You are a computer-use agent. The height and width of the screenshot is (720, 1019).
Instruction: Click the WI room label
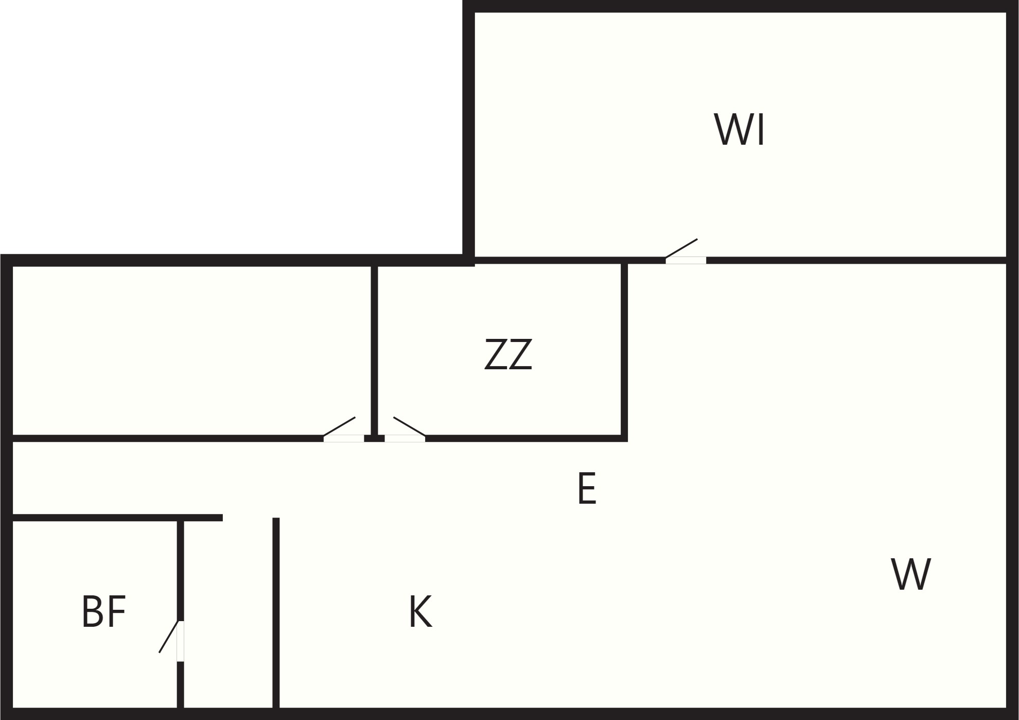(739, 130)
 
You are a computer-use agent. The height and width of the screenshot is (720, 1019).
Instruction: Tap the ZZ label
(508, 354)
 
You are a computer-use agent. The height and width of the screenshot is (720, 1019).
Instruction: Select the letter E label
(587, 488)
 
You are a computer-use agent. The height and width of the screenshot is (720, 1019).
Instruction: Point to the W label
(911, 574)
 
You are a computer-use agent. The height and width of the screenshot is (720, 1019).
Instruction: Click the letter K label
(420, 611)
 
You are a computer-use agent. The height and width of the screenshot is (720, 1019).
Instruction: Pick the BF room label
(104, 611)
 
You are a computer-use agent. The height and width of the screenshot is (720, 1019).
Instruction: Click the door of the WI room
(686, 260)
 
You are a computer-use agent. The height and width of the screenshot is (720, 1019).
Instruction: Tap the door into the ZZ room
(405, 438)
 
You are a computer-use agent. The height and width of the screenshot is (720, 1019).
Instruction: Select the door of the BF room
(180, 641)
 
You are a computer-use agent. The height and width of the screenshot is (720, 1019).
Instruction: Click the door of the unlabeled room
(344, 438)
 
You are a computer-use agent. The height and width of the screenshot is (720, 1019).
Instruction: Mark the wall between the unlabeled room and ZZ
(374, 350)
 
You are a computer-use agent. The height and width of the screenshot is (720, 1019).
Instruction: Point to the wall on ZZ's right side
(624, 350)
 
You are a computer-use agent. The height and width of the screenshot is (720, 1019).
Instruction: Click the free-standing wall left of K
(276, 613)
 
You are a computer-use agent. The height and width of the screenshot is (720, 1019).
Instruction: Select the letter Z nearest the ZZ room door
(496, 354)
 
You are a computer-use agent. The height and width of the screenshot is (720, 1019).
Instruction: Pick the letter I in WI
(762, 130)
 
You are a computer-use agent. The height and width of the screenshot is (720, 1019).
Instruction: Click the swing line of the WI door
(681, 248)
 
